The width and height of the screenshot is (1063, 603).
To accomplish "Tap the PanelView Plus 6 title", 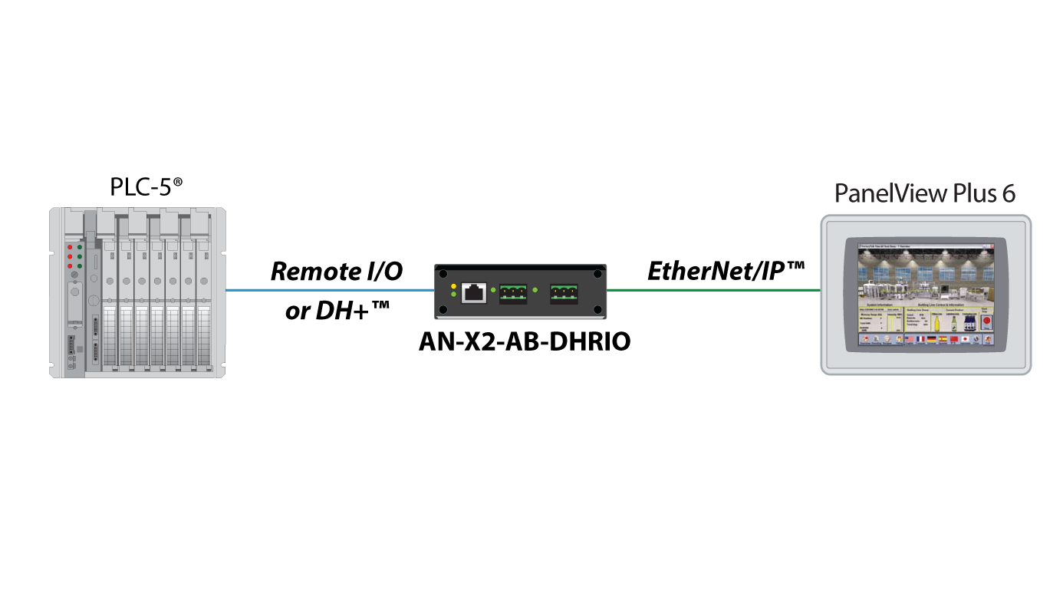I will pos(925,193).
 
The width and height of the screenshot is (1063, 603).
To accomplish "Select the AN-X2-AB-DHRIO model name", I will pos(524,341).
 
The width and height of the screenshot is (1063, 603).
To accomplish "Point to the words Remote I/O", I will pos(337,271).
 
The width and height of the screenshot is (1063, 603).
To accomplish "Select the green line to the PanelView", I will pos(713,291).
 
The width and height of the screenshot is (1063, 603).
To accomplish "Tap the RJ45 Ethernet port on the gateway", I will pos(473,292).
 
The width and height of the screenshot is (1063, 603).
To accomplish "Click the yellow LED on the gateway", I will pos(454,286).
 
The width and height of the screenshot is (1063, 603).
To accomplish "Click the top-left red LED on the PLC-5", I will pos(70,247).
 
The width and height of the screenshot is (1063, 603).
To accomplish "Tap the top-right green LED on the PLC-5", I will pos(80,247).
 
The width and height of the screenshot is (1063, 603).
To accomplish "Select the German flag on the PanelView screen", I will pos(931,339).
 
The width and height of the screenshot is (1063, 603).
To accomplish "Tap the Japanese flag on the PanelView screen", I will pos(966,339).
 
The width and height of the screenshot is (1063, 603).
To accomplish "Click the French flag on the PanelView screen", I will pos(920,339).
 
